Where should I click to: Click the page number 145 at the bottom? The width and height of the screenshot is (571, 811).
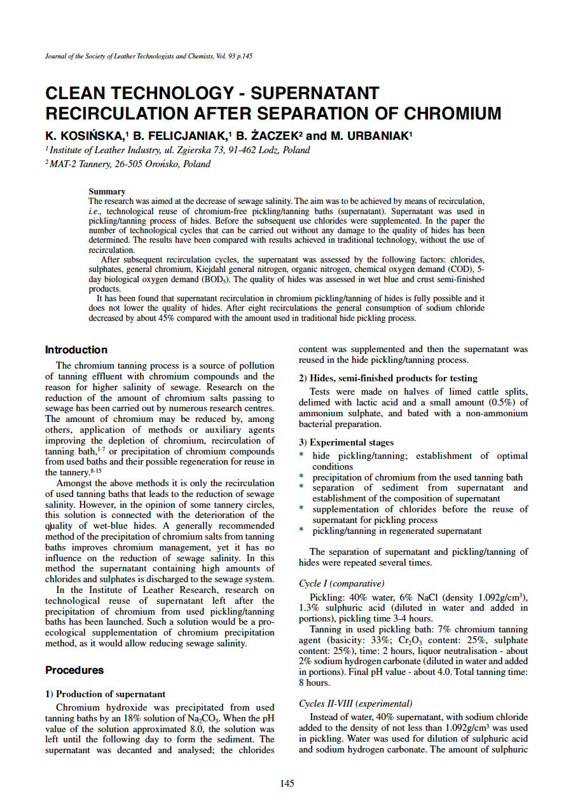pyautogui.click(x=287, y=784)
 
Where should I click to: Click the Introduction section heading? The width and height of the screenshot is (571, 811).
pyautogui.click(x=76, y=350)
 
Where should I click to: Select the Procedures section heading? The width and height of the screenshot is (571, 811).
pyautogui.click(x=74, y=670)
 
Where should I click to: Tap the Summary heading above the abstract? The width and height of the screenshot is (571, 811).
pyautogui.click(x=107, y=191)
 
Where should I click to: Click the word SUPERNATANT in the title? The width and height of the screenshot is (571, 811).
pyautogui.click(x=315, y=94)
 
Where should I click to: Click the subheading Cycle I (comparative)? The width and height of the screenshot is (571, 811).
pyautogui.click(x=341, y=583)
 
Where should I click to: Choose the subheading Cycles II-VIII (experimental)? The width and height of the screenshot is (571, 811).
pyautogui.click(x=355, y=704)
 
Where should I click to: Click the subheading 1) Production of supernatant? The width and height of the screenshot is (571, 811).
pyautogui.click(x=105, y=694)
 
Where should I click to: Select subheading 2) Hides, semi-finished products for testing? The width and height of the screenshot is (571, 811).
pyautogui.click(x=388, y=378)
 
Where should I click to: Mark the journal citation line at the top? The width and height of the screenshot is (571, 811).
pyautogui.click(x=149, y=57)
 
